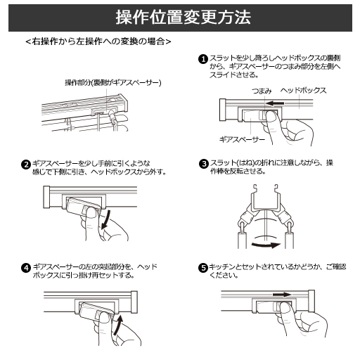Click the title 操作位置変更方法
(x=180, y=18)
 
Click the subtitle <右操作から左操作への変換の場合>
(x=98, y=42)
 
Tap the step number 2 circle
(x=25, y=165)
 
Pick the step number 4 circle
(x=25, y=268)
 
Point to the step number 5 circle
(x=203, y=268)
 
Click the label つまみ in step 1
(x=261, y=91)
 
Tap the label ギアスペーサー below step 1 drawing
(x=236, y=140)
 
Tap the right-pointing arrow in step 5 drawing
(x=281, y=295)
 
